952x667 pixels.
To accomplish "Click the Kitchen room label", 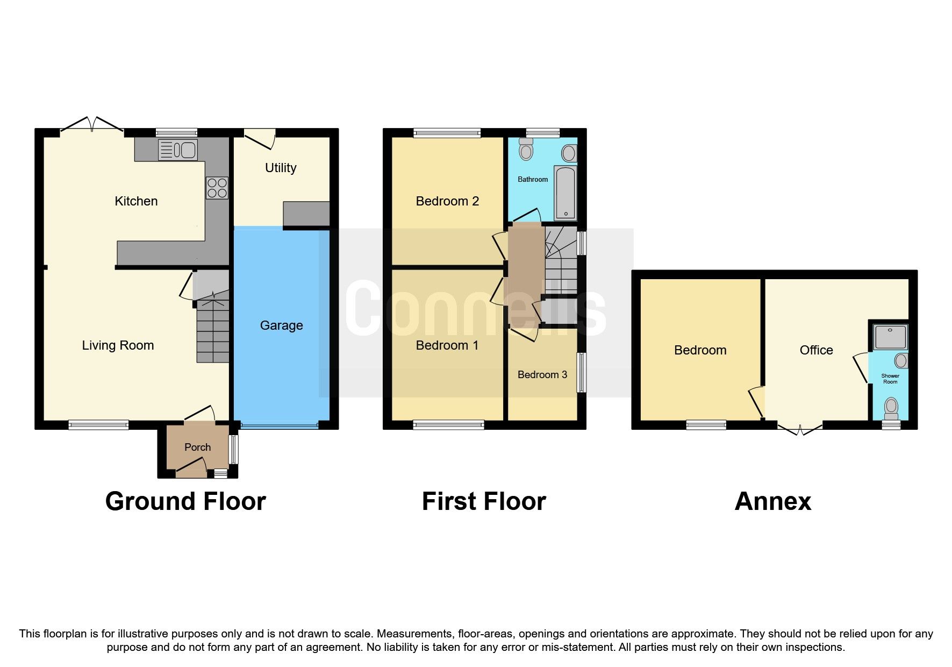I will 136,201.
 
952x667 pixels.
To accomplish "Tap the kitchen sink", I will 178,150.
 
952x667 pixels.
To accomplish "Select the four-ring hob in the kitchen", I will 217,188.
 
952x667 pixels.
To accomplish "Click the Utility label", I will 281,168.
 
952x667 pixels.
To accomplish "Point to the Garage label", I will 281,325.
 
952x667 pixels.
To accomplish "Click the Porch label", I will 197,447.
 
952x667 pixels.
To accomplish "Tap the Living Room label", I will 118,345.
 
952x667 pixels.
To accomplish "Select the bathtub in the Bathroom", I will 565,193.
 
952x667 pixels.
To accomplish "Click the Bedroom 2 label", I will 447,201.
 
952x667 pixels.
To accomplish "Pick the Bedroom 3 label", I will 542,375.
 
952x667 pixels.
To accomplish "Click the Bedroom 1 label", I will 447,345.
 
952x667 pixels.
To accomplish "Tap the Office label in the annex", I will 816,350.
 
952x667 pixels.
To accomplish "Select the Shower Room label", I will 890,379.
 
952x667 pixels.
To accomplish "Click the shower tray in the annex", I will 890,337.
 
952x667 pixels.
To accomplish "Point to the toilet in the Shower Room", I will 891,407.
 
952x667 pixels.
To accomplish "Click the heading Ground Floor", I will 185,501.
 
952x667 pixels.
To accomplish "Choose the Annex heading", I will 772,501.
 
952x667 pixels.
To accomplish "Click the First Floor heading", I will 484,501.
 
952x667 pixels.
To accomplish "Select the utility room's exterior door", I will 260,137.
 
